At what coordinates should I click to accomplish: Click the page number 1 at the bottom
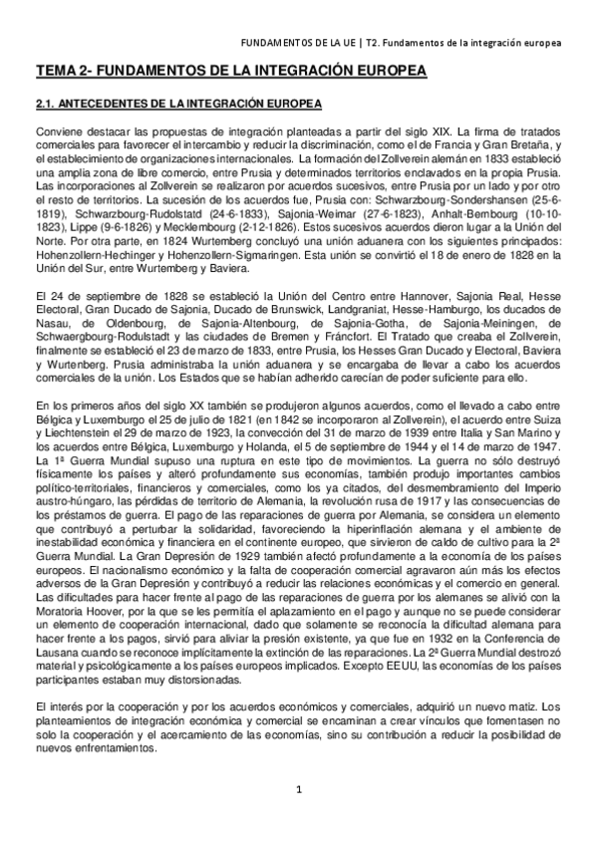tap(298, 790)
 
